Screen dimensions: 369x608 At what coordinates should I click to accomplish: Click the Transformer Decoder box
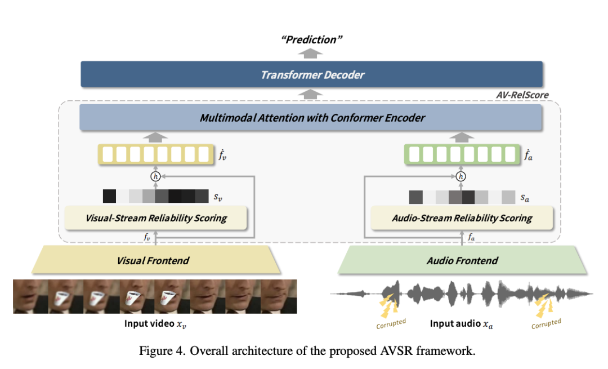311,74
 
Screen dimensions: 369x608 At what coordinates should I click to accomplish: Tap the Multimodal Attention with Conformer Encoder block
311,118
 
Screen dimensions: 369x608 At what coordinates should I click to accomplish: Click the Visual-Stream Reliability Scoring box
156,218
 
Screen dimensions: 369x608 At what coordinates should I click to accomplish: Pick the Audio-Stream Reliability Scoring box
462,218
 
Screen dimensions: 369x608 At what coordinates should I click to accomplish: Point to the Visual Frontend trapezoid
153,260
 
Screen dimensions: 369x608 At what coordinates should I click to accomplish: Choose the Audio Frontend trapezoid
462,260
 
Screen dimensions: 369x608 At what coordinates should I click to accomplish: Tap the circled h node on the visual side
156,176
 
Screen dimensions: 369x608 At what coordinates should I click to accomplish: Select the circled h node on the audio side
462,176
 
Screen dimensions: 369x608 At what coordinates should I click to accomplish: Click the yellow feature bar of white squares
156,154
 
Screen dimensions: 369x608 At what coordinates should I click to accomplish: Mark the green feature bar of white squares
462,154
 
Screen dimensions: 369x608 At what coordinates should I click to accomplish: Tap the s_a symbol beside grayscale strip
525,197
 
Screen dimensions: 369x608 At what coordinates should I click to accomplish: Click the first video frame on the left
30,296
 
